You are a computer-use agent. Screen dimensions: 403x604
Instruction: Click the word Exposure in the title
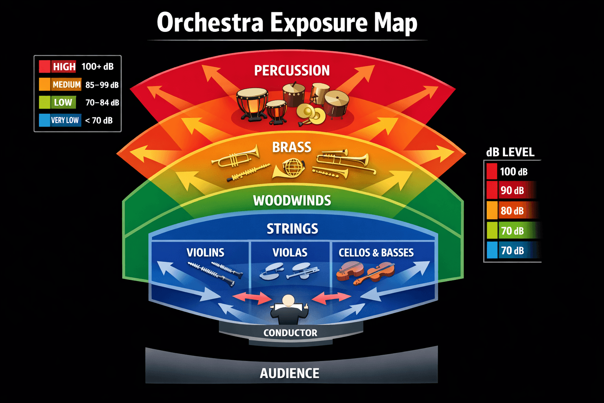tap(319, 23)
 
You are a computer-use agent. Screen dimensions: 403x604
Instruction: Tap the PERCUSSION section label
tap(292, 71)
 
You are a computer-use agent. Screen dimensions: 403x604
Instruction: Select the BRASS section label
tap(292, 147)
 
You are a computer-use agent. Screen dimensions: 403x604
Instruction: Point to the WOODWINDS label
tap(292, 201)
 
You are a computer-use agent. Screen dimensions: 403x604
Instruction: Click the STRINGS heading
tap(292, 229)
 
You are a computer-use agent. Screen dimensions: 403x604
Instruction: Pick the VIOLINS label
tap(205, 253)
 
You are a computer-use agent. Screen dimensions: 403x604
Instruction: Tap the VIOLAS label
tap(290, 253)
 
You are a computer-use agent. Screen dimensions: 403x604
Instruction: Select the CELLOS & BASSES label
tap(376, 253)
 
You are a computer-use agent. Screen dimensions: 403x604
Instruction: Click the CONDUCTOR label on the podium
tap(290, 333)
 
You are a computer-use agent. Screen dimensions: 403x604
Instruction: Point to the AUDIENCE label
tap(289, 373)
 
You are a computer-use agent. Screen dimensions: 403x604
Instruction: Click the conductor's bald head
tap(288, 300)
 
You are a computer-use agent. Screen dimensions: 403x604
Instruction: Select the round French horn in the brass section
tap(293, 167)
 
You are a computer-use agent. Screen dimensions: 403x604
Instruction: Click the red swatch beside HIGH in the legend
tap(44, 67)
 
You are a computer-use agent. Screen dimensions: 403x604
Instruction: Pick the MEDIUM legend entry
tap(66, 85)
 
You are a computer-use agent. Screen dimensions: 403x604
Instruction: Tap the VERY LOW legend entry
tap(64, 120)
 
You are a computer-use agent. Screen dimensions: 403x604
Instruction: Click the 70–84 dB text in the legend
tap(102, 103)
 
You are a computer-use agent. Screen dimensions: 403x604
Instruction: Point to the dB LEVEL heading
tap(510, 152)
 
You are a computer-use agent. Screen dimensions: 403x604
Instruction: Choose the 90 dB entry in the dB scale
tap(512, 190)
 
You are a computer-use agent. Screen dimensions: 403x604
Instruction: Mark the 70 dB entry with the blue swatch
tap(512, 251)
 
